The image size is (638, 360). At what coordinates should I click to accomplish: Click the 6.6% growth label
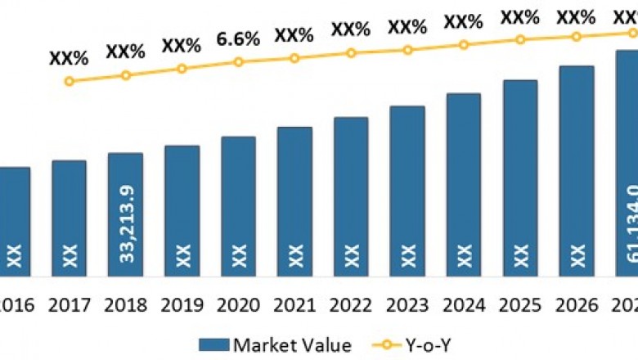tap(238, 38)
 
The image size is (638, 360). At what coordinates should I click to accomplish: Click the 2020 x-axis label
tap(238, 306)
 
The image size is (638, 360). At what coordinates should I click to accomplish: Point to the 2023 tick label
tap(407, 306)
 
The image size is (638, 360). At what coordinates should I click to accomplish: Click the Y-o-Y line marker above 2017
tap(69, 81)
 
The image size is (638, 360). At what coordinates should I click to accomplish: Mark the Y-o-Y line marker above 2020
tap(238, 61)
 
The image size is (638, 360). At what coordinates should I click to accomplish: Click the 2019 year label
tap(182, 306)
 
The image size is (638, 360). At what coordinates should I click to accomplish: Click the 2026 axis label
tap(577, 306)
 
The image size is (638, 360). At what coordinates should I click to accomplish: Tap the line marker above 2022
tap(351, 52)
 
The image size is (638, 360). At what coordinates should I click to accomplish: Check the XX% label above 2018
tap(125, 52)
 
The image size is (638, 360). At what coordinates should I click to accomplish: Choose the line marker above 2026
tap(577, 36)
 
